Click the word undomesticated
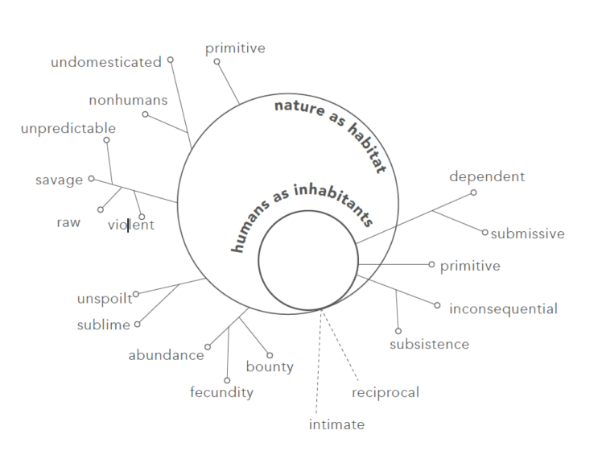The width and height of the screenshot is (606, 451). (106, 62)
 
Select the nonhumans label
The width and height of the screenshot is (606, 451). (128, 100)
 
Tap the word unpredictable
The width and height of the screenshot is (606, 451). (68, 128)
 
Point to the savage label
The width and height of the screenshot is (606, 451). (59, 180)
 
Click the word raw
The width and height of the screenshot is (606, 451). (68, 223)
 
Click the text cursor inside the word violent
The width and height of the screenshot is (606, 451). (128, 225)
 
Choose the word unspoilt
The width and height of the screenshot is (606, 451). (105, 299)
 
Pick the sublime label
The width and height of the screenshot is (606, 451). (104, 325)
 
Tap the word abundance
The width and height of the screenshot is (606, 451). (166, 355)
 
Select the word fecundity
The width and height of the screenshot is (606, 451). (222, 392)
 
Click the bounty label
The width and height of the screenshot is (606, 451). (270, 366)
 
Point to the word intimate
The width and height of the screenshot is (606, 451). (336, 424)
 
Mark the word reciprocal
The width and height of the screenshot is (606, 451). (385, 392)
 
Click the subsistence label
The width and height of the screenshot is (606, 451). (430, 344)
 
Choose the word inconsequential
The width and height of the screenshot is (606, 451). (503, 309)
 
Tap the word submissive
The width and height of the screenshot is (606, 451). (528, 234)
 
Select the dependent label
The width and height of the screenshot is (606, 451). (487, 176)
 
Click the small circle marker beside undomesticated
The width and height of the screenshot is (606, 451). (171, 60)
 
